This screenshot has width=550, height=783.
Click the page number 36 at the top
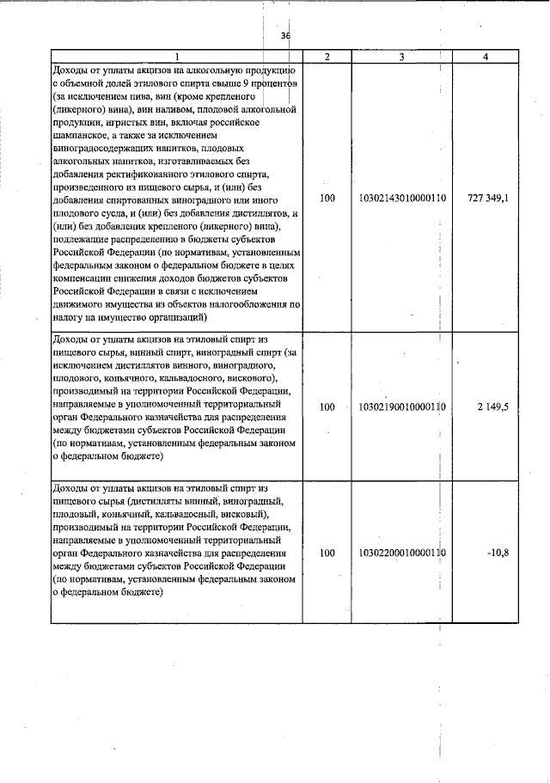tap(286, 36)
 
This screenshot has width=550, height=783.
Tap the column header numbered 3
tap(402, 56)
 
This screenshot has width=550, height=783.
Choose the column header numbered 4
tap(487, 56)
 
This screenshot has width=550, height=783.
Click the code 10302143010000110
tap(402, 199)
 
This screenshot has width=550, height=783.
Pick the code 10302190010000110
tap(402, 407)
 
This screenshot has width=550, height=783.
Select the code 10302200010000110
tap(402, 554)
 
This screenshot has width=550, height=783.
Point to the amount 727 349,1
tap(487, 199)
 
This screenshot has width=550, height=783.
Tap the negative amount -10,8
tap(498, 554)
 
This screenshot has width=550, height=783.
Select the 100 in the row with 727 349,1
tap(327, 199)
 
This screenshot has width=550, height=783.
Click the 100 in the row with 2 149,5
tap(327, 407)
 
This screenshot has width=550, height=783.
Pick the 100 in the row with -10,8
tap(327, 554)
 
